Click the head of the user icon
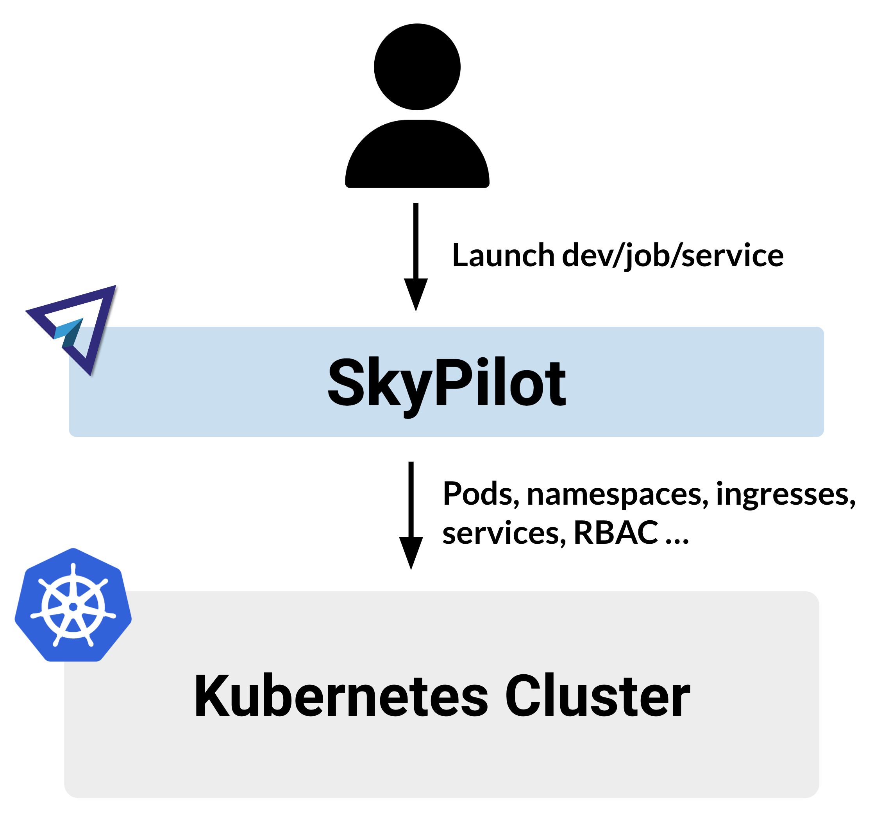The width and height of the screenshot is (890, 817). pyautogui.click(x=417, y=67)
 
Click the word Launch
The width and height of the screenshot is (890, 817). pyautogui.click(x=503, y=256)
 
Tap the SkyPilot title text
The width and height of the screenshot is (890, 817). pyautogui.click(x=446, y=382)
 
